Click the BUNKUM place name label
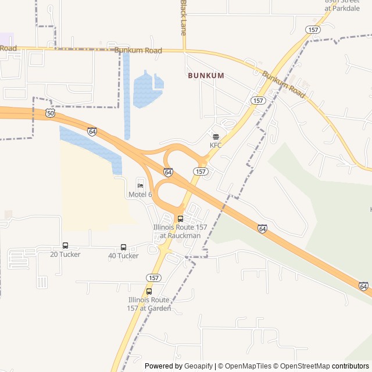coord(205,76)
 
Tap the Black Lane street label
coord(183,17)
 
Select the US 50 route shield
coord(51,113)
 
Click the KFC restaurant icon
coord(216,137)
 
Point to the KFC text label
coord(216,145)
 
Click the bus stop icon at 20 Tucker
coord(65,246)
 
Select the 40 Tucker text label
coord(123,256)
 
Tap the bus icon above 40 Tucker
coord(123,248)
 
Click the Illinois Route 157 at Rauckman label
coord(177,231)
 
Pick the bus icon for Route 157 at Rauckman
coord(180,219)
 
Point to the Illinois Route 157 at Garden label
coord(149,303)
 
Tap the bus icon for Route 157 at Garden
coord(149,291)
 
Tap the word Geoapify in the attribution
coord(199,366)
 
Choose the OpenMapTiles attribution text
coord(248,366)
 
